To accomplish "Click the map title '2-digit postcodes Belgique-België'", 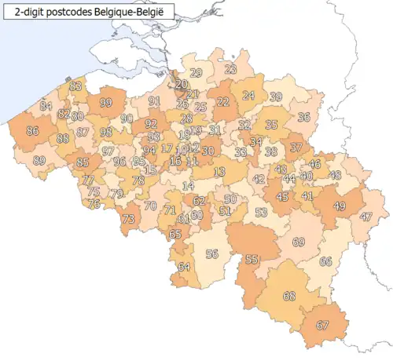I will tap(86, 12).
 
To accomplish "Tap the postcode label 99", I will tap(106, 103).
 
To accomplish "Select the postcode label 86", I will tap(33, 131).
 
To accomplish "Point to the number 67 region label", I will tap(322, 325).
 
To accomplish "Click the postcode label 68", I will tap(289, 296).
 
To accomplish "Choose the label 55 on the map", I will tap(252, 259).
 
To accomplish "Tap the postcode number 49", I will tap(340, 206).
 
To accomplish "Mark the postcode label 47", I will tap(365, 217).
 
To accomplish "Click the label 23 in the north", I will tap(230, 70).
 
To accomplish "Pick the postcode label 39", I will tap(276, 97).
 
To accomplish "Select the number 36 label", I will tap(303, 117).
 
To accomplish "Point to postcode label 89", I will tap(39, 160).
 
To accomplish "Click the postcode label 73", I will tap(128, 219).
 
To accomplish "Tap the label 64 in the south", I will tap(184, 267).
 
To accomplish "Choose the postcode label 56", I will tap(211, 253).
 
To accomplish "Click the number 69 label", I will tap(298, 242).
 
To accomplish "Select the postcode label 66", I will tap(325, 261).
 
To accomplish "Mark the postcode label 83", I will tap(75, 86).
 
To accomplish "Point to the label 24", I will tap(248, 96).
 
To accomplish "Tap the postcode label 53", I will tap(262, 212).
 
